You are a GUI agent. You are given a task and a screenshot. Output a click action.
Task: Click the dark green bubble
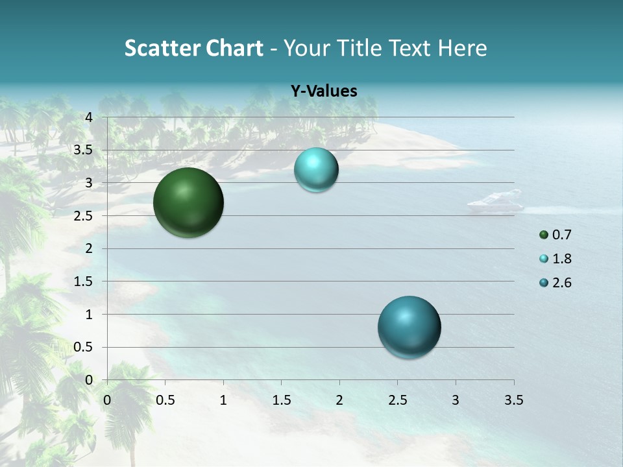(x=188, y=202)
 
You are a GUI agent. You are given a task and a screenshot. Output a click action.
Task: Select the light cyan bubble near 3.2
(x=316, y=170)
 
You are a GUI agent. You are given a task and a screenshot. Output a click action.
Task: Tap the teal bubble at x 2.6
(x=409, y=327)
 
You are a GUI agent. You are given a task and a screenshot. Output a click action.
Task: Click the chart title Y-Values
(x=324, y=91)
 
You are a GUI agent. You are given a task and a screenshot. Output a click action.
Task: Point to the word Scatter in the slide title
(x=159, y=48)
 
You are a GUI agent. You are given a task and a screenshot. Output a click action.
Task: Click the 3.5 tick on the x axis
(x=513, y=400)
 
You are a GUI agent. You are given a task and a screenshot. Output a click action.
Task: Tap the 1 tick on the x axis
(x=223, y=400)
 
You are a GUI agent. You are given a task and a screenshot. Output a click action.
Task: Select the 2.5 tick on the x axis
(x=397, y=400)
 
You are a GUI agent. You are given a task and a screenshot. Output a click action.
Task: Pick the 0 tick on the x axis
(x=107, y=400)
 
